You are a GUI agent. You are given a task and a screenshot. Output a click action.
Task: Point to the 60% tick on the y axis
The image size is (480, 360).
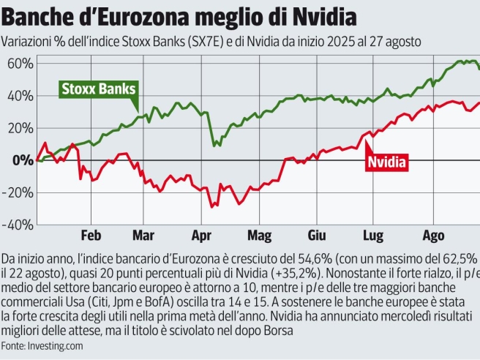coord(18,64)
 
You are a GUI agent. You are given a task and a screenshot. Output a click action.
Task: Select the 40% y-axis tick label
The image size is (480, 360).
coord(18,96)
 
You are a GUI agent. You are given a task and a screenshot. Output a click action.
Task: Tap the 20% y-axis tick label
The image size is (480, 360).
coord(18,128)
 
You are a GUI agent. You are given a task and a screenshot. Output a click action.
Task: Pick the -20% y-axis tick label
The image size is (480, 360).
coord(17,192)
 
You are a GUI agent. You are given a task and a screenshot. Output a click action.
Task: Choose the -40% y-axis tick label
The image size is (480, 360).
coord(17,225)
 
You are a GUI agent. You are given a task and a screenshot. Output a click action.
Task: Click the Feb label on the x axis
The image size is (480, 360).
coord(91,236)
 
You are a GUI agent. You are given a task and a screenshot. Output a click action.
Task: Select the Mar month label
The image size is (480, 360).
coord(143,236)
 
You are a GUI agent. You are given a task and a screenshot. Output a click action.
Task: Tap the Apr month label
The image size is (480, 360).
coord(201,236)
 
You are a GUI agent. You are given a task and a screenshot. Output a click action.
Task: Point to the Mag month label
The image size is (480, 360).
coord(259,236)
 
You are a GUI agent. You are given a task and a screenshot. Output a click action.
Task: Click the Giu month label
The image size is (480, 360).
coord(317,236)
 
